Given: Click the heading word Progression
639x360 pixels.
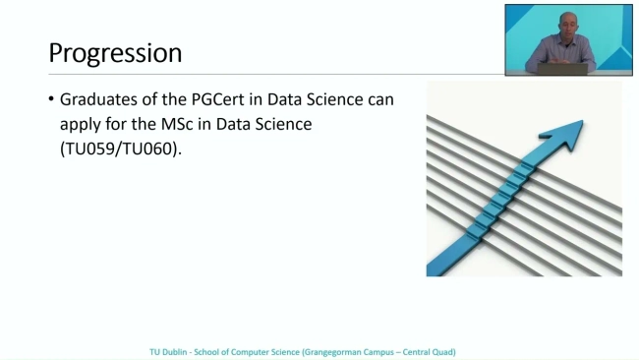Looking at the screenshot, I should click(x=115, y=52).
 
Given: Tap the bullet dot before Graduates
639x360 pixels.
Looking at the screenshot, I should click(x=51, y=100).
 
